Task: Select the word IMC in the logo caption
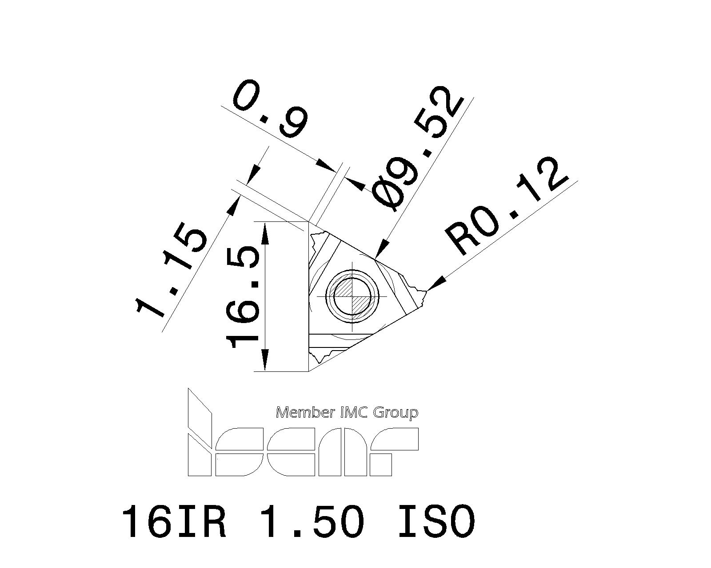pyautogui.click(x=354, y=413)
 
